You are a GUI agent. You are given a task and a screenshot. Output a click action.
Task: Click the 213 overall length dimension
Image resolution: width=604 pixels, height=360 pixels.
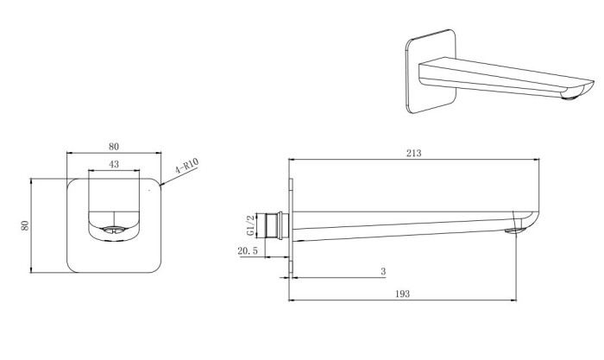pos(413,153)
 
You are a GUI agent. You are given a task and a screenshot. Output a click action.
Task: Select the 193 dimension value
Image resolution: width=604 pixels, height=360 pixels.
pos(402,294)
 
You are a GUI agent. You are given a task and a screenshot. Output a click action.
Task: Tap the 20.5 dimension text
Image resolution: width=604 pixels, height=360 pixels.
pos(248,251)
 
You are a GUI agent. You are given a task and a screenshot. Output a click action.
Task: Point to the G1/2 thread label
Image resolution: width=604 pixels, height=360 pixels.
pos(250,225)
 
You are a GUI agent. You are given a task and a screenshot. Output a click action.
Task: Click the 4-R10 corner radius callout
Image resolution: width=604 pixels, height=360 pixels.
pos(186,166)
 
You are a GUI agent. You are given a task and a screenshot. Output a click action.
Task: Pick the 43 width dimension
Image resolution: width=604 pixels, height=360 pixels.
pos(114,164)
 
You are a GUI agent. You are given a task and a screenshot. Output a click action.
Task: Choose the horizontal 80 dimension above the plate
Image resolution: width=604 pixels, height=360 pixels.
pos(114,147)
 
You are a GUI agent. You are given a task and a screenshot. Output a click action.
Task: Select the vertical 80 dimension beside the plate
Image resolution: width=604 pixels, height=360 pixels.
pos(25,225)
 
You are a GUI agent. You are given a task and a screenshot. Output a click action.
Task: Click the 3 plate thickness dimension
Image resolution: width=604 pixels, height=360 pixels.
pos(383,271)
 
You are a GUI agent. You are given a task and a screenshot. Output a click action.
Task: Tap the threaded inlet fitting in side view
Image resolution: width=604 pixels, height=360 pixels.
pos(277,226)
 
